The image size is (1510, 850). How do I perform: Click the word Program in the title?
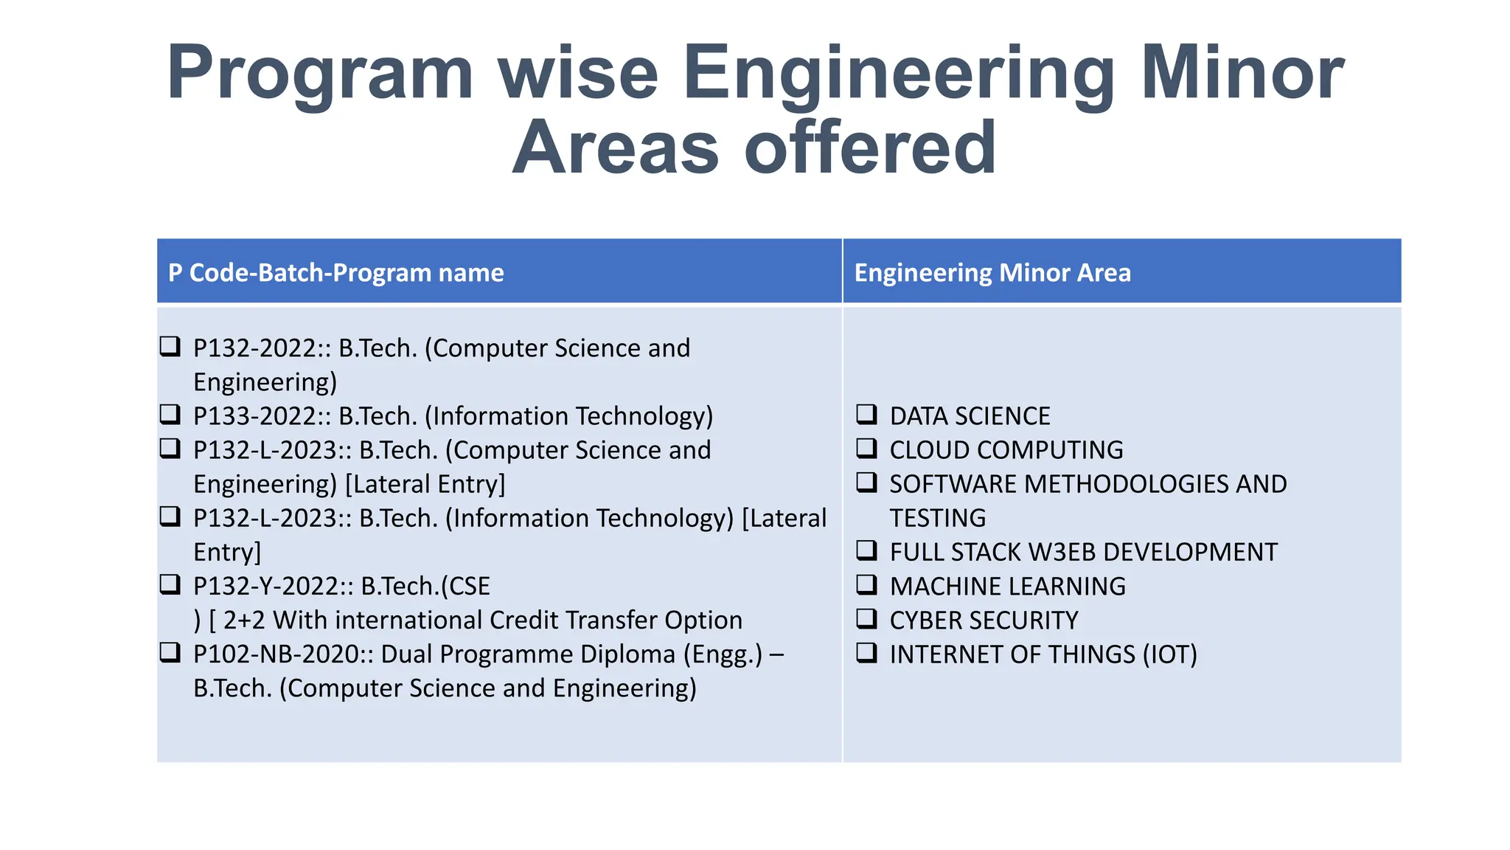coord(320,74)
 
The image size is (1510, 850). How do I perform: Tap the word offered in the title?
coord(870,148)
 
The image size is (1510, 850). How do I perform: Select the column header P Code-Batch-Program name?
coord(336,273)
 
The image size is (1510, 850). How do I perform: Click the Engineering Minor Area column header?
coord(992,273)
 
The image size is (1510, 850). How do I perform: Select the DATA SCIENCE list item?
coord(970,416)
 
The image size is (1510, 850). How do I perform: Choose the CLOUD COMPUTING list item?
coord(1006,450)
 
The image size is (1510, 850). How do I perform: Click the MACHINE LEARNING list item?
coord(1008,587)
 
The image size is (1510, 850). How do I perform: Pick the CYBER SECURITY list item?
coord(984,621)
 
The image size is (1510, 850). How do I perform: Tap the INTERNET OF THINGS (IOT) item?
coord(1043,654)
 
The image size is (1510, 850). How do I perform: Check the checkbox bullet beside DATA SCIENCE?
coord(866,414)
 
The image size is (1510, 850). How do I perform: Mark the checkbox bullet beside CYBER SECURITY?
coord(866,618)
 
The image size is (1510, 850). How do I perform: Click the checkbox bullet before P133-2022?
coord(170,414)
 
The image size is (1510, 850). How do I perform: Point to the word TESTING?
coord(937,518)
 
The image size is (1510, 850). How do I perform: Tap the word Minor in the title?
coord(1242,74)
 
